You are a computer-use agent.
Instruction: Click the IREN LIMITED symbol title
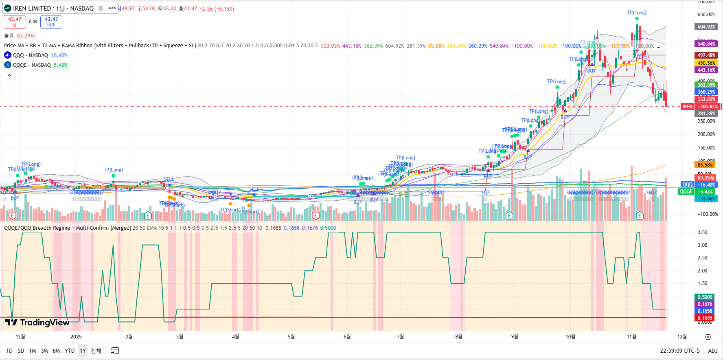53,8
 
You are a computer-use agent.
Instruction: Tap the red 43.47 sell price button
15,22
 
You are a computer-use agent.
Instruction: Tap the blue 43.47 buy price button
51,22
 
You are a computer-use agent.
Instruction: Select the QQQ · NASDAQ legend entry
30,55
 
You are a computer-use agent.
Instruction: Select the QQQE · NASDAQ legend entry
32,65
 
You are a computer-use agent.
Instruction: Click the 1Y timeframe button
83,351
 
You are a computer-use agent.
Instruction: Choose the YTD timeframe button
70,351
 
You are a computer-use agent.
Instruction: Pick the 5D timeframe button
21,351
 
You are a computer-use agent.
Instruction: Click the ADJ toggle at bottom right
713,351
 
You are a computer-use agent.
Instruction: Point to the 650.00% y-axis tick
706,15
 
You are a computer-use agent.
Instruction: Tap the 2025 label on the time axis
76,337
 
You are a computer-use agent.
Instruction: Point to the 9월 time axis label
515,337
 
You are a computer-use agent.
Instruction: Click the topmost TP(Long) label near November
637,13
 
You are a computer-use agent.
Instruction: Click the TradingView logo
37,323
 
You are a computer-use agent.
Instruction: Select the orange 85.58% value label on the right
705,165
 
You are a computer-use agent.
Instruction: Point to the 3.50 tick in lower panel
702,233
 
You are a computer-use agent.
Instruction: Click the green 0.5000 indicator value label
705,297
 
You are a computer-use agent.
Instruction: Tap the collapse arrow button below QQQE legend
9,75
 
